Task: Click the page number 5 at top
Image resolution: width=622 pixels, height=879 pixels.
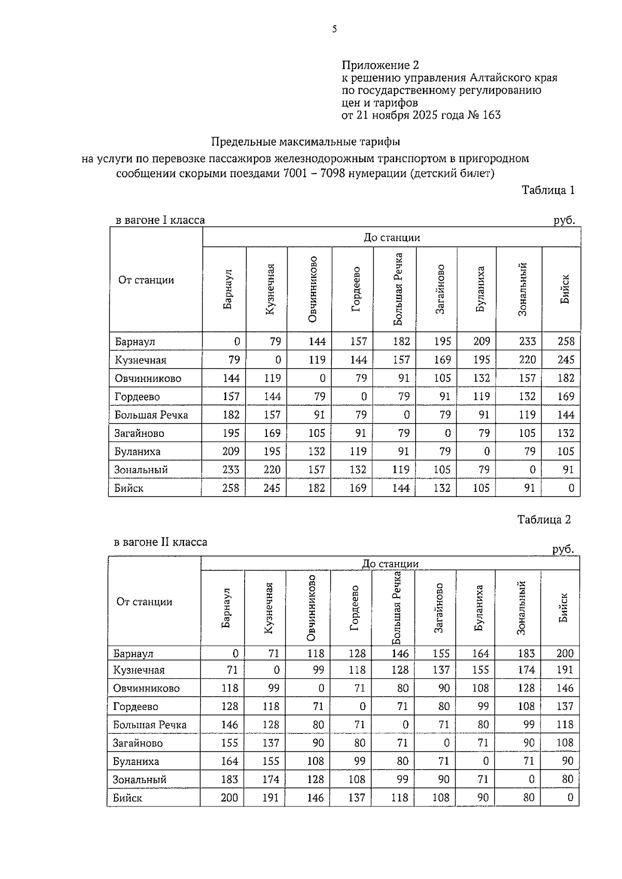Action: [x=334, y=30]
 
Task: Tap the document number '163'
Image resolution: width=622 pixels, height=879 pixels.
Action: [x=491, y=115]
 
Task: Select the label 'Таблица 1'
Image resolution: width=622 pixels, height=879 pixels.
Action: [x=548, y=190]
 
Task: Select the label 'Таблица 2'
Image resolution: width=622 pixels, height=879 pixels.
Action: [x=544, y=520]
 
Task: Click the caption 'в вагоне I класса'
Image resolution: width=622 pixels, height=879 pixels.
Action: [x=160, y=220]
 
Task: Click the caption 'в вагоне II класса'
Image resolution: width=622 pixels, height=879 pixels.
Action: [x=160, y=542]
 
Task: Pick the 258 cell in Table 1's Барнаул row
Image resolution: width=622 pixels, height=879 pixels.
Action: [x=566, y=342]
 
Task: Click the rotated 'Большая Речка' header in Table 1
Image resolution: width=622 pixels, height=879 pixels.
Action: [x=398, y=289]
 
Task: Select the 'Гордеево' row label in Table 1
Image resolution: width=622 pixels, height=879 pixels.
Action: [x=137, y=396]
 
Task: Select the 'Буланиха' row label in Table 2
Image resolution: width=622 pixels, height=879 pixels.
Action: [x=136, y=761]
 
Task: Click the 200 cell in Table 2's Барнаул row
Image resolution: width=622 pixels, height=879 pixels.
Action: [x=564, y=654]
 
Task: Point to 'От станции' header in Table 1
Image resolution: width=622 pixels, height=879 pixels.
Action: [x=146, y=280]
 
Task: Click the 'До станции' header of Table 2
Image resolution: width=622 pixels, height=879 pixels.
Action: [x=390, y=564]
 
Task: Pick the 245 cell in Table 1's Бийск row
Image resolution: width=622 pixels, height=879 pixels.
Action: [x=272, y=488]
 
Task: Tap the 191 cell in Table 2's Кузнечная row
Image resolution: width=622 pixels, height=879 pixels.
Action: [x=564, y=670]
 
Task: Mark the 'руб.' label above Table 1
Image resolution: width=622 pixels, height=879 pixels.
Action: [x=564, y=220]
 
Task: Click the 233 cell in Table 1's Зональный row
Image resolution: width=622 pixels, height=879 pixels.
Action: [x=231, y=470]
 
